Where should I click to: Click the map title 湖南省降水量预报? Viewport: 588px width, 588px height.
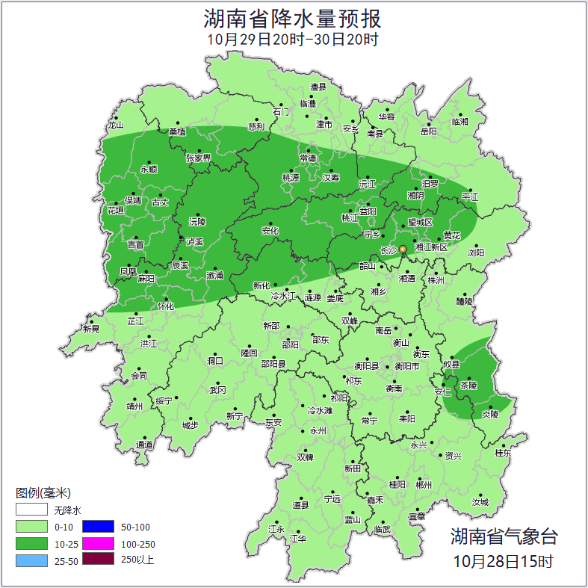pos(293,18)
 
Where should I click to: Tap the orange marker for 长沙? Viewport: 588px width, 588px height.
pos(403,249)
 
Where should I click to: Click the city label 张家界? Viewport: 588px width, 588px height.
pos(198,158)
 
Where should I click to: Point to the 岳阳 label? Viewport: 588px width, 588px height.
pos(428,131)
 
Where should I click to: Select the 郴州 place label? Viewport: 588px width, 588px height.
pos(424,485)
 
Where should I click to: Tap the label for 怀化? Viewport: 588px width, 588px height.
pos(166,306)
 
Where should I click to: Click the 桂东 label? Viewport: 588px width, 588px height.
pos(503,453)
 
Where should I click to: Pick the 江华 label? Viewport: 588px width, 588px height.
pos(298,539)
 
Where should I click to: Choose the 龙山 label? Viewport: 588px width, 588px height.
pos(114,126)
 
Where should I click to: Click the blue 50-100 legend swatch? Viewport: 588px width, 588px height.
pos(97,527)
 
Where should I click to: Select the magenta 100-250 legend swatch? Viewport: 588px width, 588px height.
pos(97,544)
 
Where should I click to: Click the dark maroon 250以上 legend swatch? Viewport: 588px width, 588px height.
pos(97,560)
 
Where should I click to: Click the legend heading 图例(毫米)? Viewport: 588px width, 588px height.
pos(43,493)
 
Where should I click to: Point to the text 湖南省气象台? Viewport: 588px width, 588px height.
pos(504,536)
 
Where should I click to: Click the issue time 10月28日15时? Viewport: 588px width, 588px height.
pos(504,560)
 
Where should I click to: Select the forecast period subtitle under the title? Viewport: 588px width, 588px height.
pos(293,40)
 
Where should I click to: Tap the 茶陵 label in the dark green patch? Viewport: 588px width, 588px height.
pos(468,386)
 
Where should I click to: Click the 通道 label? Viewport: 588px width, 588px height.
pos(144,445)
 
